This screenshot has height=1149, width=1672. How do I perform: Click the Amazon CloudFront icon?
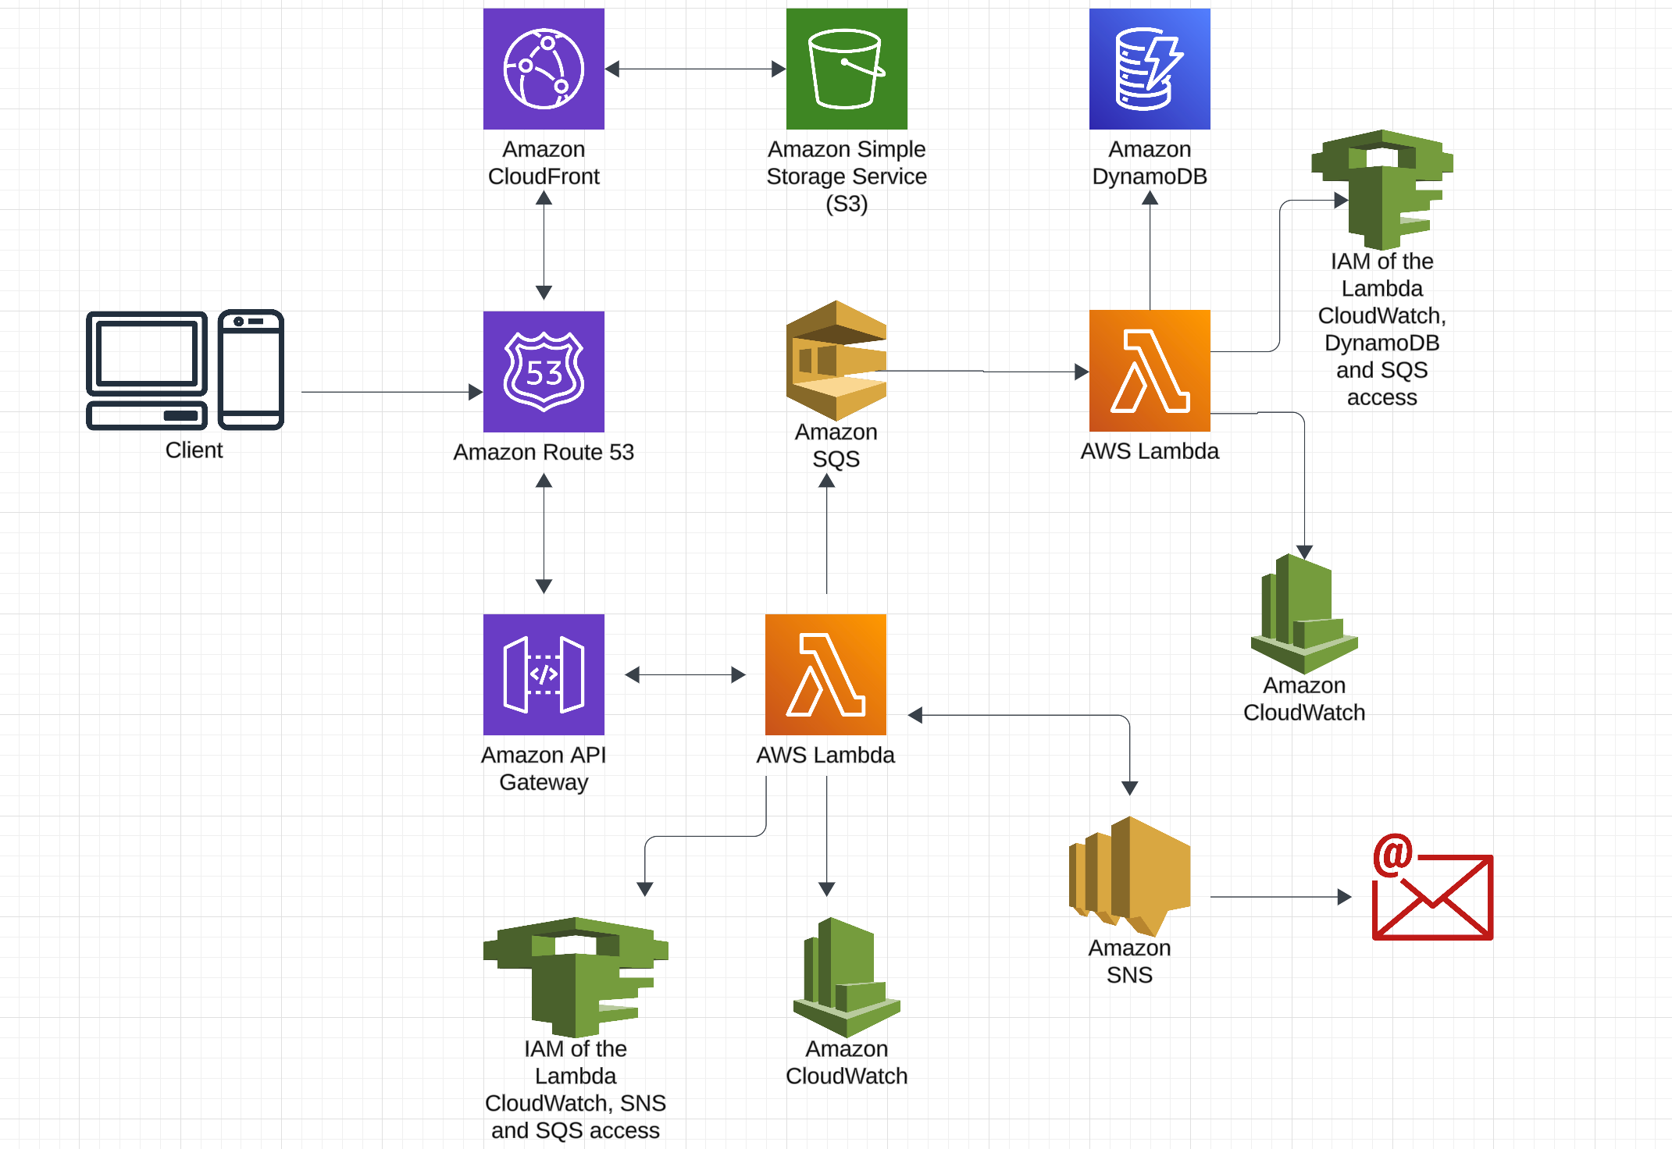pos(544,69)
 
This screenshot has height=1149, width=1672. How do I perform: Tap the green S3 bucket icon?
pos(847,69)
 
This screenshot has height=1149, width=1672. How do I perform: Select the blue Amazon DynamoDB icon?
pos(1150,69)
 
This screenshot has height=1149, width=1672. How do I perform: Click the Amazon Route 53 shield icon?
pos(544,372)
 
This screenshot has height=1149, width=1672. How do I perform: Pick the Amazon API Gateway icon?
pos(544,674)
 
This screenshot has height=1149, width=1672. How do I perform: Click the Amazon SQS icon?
pos(836,361)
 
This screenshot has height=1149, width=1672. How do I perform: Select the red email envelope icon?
pos(1432,890)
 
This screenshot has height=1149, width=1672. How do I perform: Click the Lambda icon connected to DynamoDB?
pos(1150,371)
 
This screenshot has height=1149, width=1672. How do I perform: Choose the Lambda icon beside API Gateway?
pos(825,674)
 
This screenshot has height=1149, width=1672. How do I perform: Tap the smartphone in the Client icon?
pos(251,369)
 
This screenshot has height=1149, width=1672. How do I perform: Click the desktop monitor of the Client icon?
pos(147,354)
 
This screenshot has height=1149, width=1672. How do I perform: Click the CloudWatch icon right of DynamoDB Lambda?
pos(1304,614)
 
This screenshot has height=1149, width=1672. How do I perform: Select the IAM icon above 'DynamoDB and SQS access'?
pos(1382,189)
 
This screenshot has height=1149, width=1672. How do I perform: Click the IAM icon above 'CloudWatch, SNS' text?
pos(576,976)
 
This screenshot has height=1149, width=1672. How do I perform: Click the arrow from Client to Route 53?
pos(390,392)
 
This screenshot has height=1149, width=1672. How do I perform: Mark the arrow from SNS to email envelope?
pos(1281,897)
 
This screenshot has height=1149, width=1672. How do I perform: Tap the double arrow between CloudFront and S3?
pos(695,69)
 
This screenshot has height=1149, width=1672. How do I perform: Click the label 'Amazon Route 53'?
pos(544,452)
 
